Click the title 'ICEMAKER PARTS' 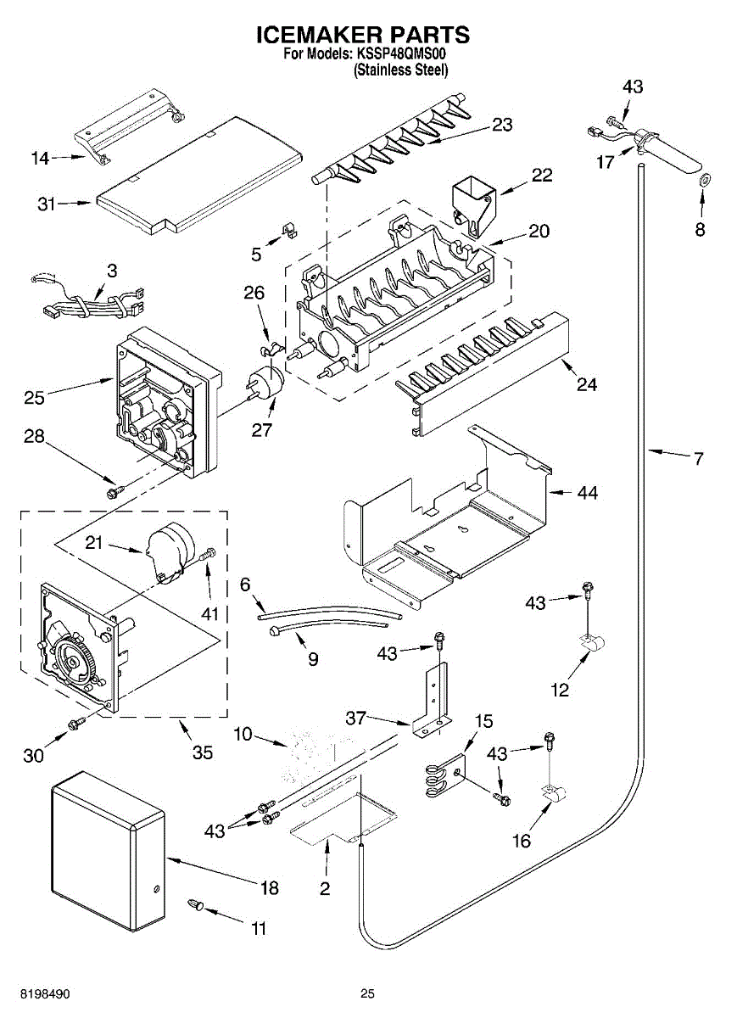point(363,35)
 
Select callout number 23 point(503,125)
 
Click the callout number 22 point(541,176)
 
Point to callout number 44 point(586,492)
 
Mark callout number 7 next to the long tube point(697,459)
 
